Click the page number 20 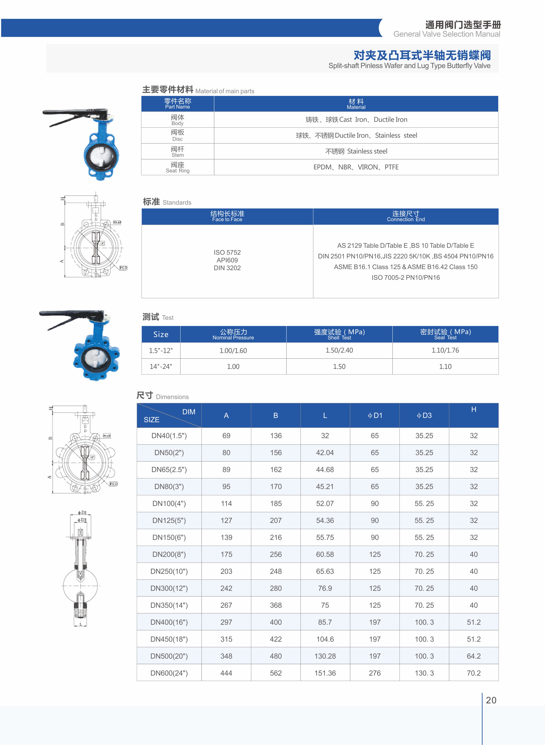coord(491,700)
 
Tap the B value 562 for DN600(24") coord(276,673)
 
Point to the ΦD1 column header coord(375,415)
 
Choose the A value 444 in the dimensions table coord(226,673)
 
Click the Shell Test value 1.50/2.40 coord(339,350)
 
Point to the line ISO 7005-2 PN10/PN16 coord(406,277)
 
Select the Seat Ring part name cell coord(178,167)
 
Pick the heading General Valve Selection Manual coord(447,34)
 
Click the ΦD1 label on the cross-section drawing coord(82,513)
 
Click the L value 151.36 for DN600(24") coord(325,673)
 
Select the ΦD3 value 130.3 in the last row coord(424,673)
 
